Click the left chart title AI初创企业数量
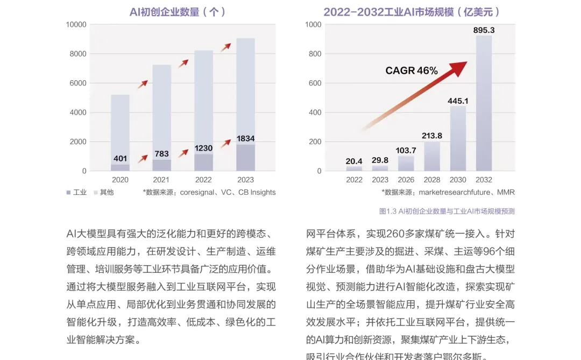(177, 12)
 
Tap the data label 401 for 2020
(120, 159)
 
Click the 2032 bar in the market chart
(484, 102)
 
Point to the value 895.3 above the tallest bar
(484, 30)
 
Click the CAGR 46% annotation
(412, 70)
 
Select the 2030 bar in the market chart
(458, 138)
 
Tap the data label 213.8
(432, 136)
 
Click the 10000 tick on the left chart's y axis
(76, 24)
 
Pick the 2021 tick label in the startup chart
(161, 180)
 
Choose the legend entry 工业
(76, 192)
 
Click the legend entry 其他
(103, 192)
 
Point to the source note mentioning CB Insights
(209, 192)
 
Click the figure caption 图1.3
(447, 211)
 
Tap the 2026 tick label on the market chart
(406, 180)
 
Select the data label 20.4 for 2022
(354, 160)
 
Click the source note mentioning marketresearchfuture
(448, 192)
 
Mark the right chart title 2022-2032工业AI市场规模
(412, 12)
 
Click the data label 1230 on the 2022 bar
(203, 147)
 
